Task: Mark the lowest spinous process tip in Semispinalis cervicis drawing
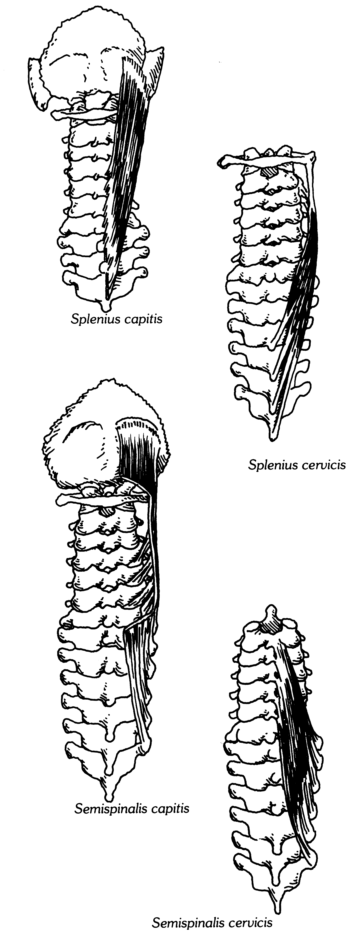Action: coord(276,907)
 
